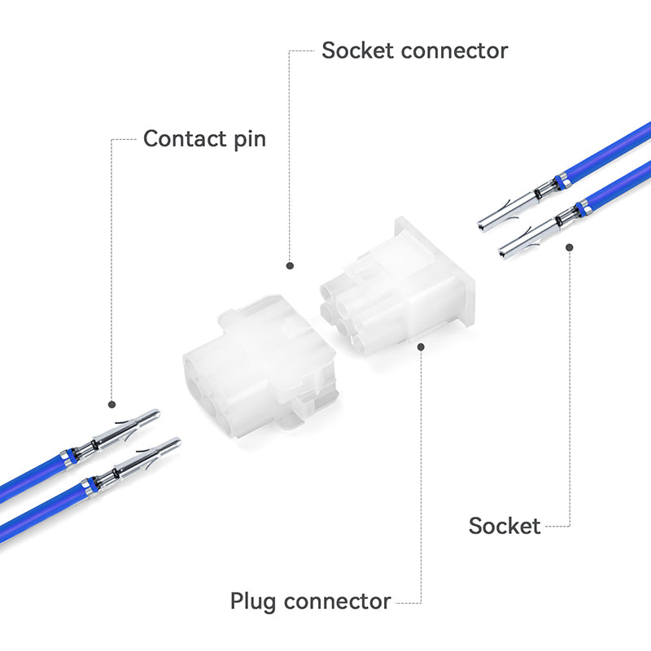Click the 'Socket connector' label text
pos(414,50)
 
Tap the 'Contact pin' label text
pos(204,138)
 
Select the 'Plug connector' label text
pos(310,601)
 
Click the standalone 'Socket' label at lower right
pos(505,526)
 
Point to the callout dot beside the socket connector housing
pos(289,264)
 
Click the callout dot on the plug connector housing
pos(421,346)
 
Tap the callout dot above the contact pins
pos(112,404)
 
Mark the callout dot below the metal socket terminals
pos(570,247)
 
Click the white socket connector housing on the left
pos(256,366)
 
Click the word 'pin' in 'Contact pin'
pos(247,139)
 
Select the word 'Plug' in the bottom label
pos(255,601)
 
